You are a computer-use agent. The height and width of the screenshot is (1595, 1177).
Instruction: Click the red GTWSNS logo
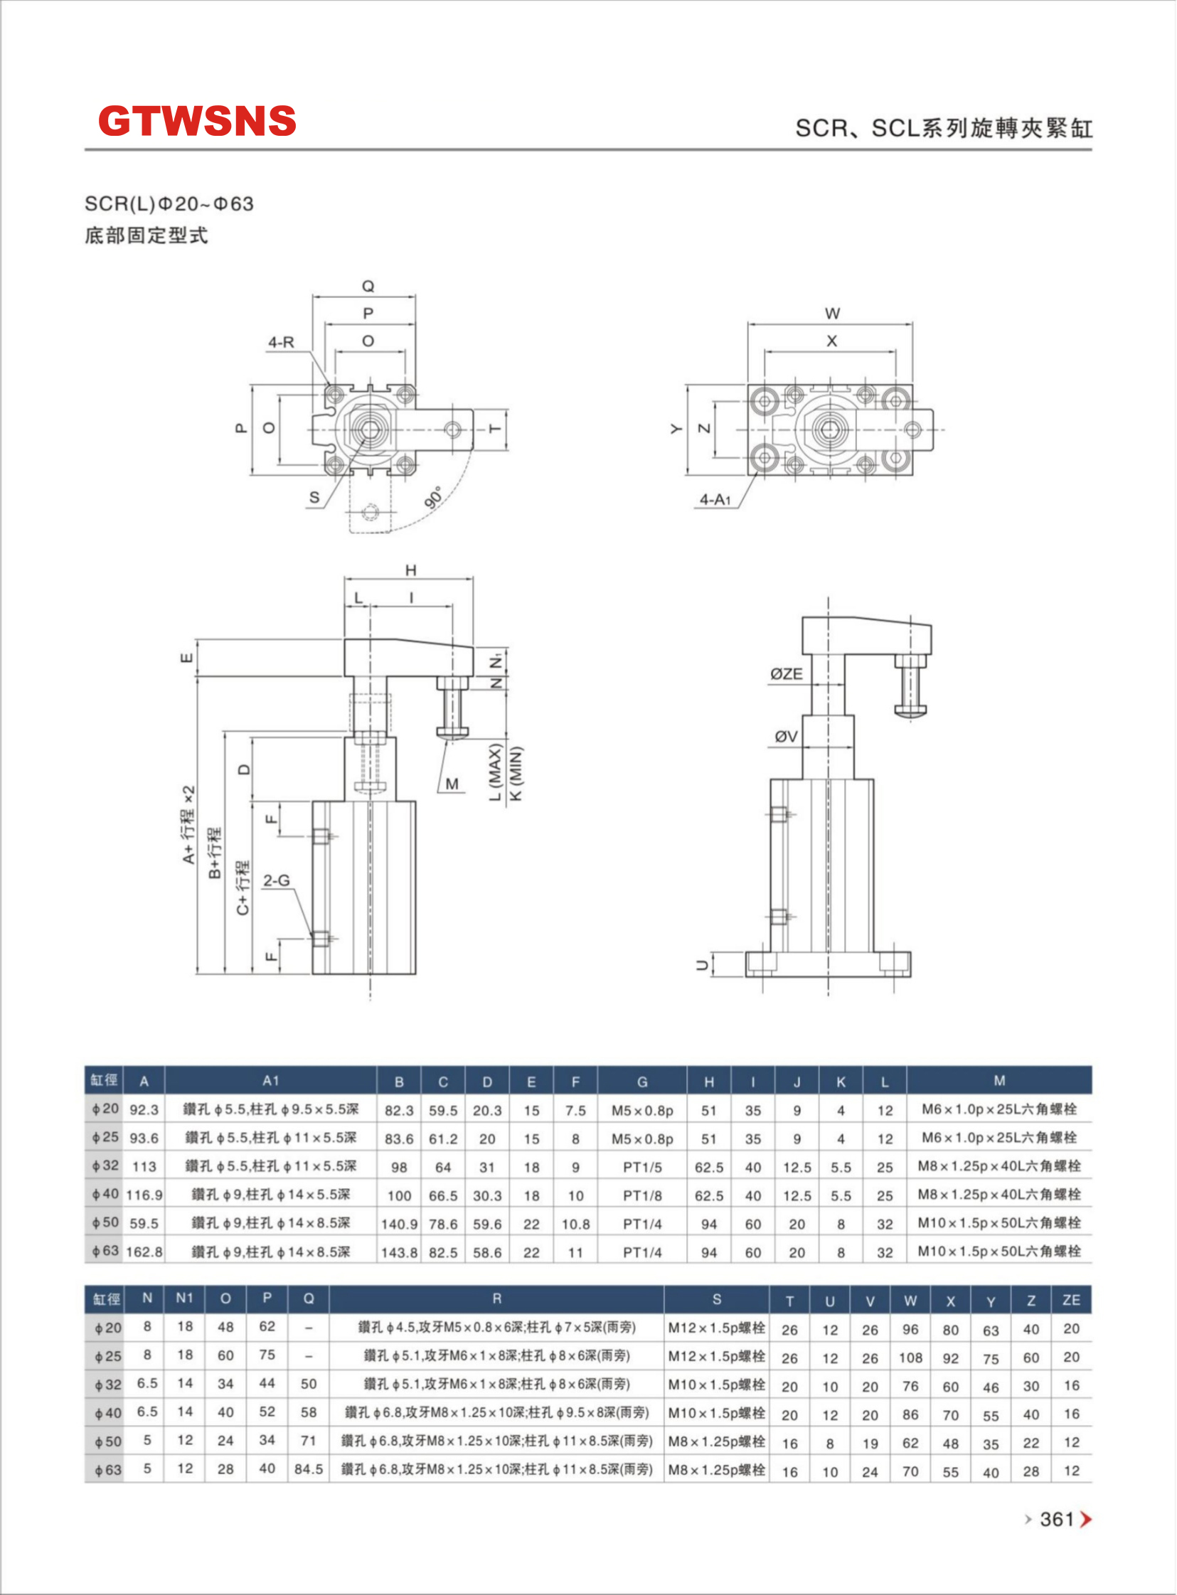coord(197,120)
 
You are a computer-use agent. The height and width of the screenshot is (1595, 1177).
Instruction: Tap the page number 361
coord(1057,1520)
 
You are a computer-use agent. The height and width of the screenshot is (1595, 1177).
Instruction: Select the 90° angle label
coord(433,496)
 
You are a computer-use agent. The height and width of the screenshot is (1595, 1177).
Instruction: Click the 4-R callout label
coord(281,342)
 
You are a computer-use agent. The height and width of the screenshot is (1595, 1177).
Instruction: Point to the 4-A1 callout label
coord(715,499)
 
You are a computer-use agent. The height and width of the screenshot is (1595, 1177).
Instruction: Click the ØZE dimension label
coord(786,673)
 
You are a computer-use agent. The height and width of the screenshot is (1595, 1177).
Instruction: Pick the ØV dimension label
coord(786,737)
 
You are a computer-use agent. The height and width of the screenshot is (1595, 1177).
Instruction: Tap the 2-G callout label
coord(277,880)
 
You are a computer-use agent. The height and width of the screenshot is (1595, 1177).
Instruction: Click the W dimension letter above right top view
coord(832,314)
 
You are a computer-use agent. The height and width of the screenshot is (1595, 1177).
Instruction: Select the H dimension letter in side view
coord(410,570)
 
